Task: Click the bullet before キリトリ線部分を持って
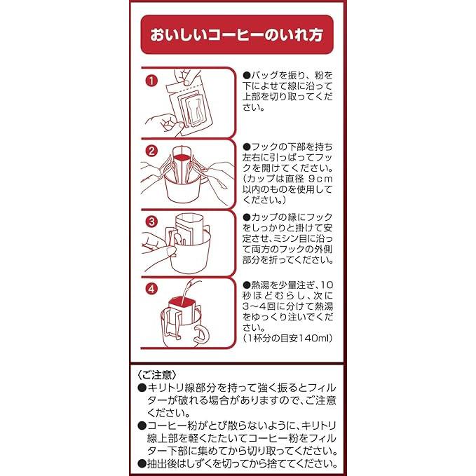click(142, 388)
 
